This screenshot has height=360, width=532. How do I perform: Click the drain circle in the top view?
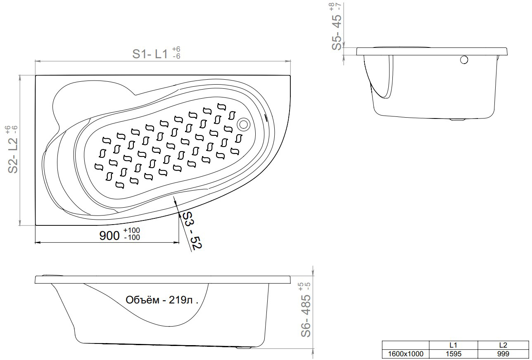coord(243,124)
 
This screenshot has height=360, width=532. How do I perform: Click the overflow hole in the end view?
coord(464,60)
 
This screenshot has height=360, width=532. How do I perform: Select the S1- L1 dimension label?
coord(150,54)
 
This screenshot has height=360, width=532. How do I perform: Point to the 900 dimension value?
coord(109,236)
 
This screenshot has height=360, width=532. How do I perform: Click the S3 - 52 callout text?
coord(192,231)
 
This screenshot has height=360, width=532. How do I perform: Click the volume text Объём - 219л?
coord(162,300)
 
